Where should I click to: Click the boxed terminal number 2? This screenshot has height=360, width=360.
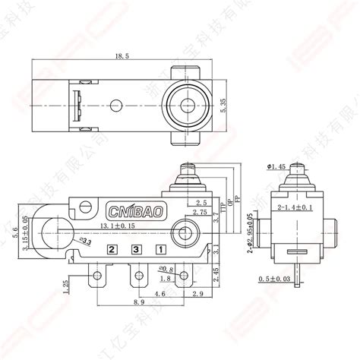112,249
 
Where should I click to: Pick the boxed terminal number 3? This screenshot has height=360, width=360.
136,249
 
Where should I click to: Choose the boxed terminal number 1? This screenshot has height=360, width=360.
160,249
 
